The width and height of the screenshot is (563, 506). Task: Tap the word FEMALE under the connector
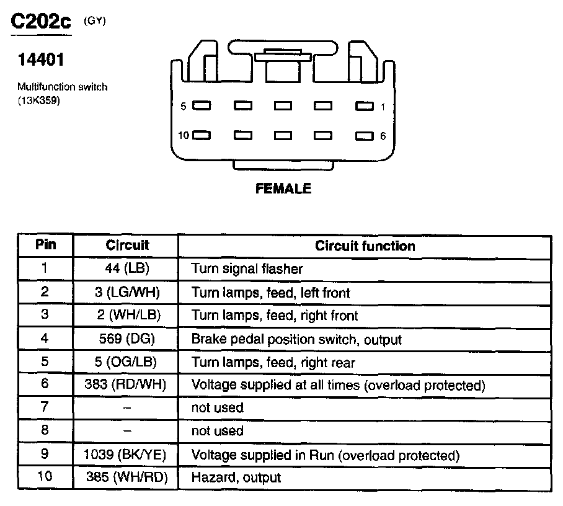(283, 189)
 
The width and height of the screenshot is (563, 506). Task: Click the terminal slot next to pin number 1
(365, 106)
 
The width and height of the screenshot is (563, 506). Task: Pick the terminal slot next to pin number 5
(202, 106)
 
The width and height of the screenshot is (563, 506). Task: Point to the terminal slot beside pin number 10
(202, 135)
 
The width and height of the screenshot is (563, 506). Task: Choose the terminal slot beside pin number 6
(365, 135)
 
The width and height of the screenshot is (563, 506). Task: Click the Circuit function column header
(365, 246)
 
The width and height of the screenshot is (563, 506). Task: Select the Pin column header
(46, 244)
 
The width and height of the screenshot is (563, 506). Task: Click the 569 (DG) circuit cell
(126, 339)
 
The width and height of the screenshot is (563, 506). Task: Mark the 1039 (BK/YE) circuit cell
(125, 455)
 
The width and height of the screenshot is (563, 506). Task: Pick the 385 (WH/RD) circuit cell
(125, 477)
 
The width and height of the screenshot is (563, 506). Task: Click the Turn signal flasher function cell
(247, 269)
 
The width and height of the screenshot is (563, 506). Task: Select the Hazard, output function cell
(236, 477)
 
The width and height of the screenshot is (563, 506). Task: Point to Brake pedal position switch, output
(296, 339)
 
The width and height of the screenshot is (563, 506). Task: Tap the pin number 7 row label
(45, 407)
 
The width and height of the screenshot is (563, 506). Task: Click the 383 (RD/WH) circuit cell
(125, 384)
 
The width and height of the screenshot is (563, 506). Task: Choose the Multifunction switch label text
(62, 87)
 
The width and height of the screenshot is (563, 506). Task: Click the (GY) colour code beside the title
(94, 20)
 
